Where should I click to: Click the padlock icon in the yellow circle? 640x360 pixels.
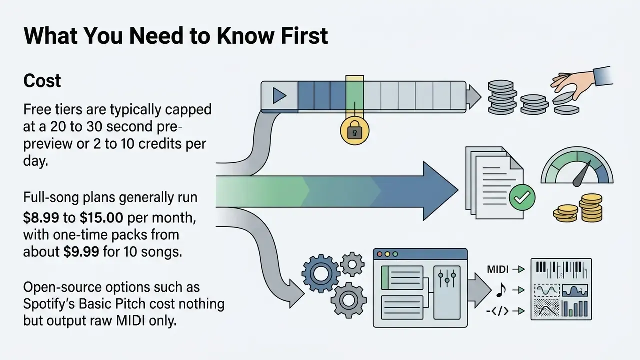(355, 131)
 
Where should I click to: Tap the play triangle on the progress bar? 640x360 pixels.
(279, 95)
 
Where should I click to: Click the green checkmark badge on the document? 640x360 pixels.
(522, 197)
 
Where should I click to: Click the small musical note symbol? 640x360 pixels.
(501, 290)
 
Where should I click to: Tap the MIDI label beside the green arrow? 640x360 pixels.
(498, 269)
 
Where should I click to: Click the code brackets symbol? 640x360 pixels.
(497, 311)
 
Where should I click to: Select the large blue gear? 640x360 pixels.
(321, 273)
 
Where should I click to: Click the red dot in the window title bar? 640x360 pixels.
(380, 254)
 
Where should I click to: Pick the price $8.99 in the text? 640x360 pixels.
(41, 218)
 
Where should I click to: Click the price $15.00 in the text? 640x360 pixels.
(101, 218)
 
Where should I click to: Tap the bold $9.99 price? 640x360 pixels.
(81, 252)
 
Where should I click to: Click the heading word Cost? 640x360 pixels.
(42, 81)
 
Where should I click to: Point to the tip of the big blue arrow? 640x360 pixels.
(458, 190)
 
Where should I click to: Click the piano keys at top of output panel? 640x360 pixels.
(561, 270)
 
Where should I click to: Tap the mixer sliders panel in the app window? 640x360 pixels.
(447, 292)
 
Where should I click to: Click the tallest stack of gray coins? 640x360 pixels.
(502, 97)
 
